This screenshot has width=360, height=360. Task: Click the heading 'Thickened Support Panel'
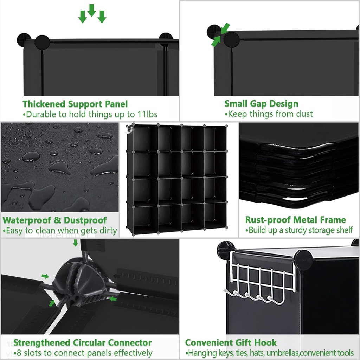pos(75,104)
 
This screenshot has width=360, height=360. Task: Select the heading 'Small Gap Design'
pos(261,104)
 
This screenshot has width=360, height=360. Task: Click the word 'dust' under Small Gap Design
pos(304,114)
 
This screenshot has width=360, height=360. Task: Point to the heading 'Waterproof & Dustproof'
pos(54,220)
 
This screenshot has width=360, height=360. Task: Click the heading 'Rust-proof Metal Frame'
pos(295,220)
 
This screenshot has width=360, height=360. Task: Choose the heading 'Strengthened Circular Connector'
pos(82,343)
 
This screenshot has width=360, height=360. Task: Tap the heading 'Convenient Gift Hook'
pos(231,343)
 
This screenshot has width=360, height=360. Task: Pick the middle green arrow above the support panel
pos(92,10)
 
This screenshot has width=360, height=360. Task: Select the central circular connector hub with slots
pos(79,279)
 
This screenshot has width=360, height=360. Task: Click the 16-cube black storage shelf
pos(177,179)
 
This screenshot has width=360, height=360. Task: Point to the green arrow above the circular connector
pos(76,243)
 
